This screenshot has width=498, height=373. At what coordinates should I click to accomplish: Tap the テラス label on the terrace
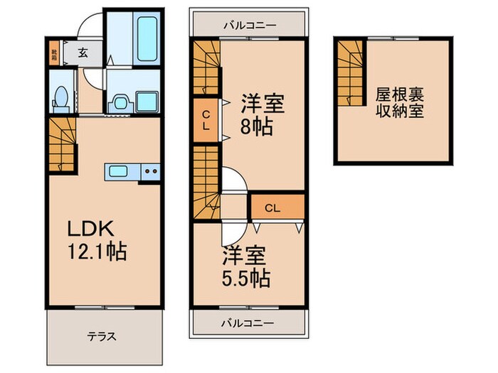pos(102,337)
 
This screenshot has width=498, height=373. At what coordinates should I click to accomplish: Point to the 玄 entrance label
pos(83,51)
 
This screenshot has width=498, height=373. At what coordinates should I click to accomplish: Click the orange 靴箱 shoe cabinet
pos(54,51)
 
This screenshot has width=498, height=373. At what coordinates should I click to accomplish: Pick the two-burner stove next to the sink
pos(150,171)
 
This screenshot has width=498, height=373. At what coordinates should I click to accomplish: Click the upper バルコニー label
pos(248,25)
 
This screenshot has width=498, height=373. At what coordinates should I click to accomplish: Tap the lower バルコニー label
pos(248,323)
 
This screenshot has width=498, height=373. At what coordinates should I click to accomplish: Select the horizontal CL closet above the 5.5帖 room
pos(276,207)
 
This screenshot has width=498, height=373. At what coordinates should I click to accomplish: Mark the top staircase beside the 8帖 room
pos(206,67)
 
